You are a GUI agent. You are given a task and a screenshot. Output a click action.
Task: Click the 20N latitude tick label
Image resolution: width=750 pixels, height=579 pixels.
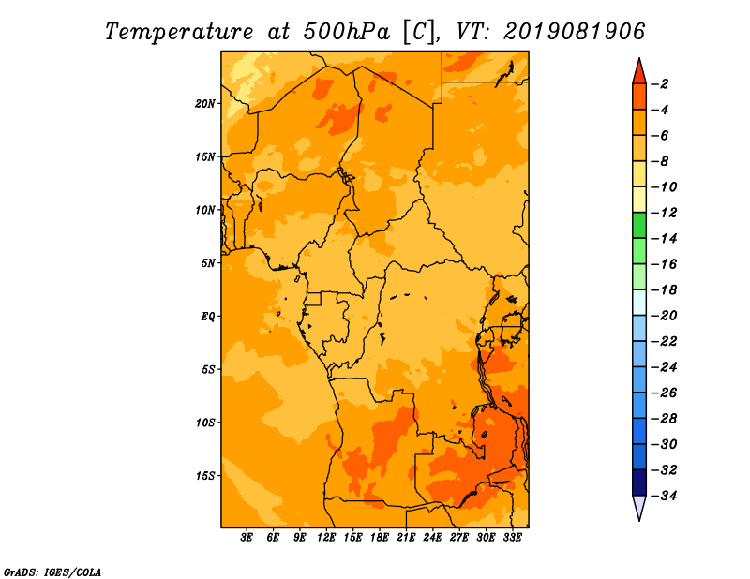click(x=205, y=104)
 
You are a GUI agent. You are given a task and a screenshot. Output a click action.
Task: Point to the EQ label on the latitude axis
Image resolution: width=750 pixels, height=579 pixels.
click(x=208, y=317)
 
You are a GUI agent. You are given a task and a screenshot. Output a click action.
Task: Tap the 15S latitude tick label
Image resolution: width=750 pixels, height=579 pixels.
click(x=205, y=476)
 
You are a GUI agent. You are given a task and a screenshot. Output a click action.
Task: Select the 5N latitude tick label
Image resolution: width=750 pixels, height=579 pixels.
click(x=208, y=263)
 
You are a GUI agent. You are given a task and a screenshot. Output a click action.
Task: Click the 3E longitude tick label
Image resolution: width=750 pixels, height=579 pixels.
click(x=247, y=538)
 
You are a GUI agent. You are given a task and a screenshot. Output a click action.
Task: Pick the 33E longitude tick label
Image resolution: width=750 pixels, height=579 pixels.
click(x=512, y=538)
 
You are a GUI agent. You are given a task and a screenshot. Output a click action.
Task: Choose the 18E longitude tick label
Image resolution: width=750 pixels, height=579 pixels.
click(x=380, y=538)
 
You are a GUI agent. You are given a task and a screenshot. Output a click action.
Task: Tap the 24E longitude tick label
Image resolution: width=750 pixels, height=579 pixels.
click(x=432, y=538)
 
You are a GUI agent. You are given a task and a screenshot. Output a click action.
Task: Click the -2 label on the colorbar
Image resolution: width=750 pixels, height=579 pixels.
click(x=660, y=84)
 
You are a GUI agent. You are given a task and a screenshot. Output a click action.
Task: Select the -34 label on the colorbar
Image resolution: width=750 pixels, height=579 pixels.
click(x=664, y=496)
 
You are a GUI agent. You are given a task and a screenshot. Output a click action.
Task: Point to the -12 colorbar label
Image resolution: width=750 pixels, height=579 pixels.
click(x=664, y=213)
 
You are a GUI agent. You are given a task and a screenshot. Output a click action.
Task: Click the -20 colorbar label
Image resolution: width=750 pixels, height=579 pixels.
click(x=664, y=316)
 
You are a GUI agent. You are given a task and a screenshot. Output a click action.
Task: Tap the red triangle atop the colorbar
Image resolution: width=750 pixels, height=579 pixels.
click(x=639, y=73)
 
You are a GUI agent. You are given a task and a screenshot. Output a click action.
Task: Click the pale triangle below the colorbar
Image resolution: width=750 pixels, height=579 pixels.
click(x=639, y=506)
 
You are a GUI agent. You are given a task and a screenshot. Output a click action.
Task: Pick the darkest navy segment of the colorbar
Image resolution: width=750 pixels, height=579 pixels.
click(x=639, y=482)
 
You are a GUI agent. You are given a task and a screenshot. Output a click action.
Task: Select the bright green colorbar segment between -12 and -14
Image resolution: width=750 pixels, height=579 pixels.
click(x=639, y=226)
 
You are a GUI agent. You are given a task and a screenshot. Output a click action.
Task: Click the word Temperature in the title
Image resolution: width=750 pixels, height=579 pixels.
click(x=178, y=33)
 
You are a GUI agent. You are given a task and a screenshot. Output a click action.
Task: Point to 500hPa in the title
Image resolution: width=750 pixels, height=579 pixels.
click(x=346, y=32)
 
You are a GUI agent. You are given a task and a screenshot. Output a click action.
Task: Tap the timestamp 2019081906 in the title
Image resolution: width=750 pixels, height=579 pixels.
click(x=575, y=32)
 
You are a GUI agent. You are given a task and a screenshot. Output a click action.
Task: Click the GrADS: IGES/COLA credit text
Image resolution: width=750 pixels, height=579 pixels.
click(x=52, y=572)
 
